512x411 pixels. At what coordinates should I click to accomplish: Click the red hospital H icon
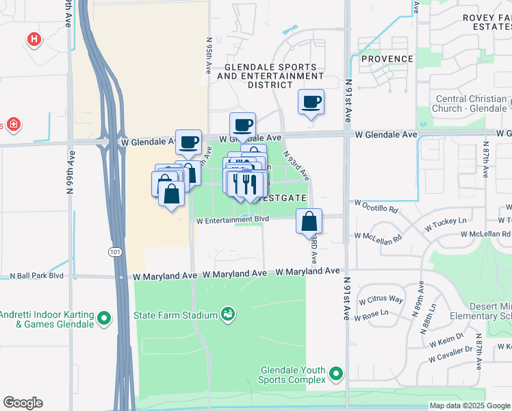[x=34, y=40]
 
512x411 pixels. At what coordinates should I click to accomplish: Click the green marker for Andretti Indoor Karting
[x=104, y=318]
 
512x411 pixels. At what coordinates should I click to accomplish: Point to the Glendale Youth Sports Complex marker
[x=335, y=374]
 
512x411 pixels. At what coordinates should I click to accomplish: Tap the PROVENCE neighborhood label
[x=387, y=59]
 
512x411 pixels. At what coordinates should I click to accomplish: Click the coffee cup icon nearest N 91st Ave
[x=311, y=102]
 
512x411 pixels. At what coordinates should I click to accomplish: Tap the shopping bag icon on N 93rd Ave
[x=309, y=221]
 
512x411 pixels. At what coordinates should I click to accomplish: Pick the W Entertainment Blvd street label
[x=232, y=221]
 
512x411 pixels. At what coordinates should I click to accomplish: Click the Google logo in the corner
[x=23, y=403]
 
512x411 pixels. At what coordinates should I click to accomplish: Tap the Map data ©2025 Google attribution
[x=469, y=406]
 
